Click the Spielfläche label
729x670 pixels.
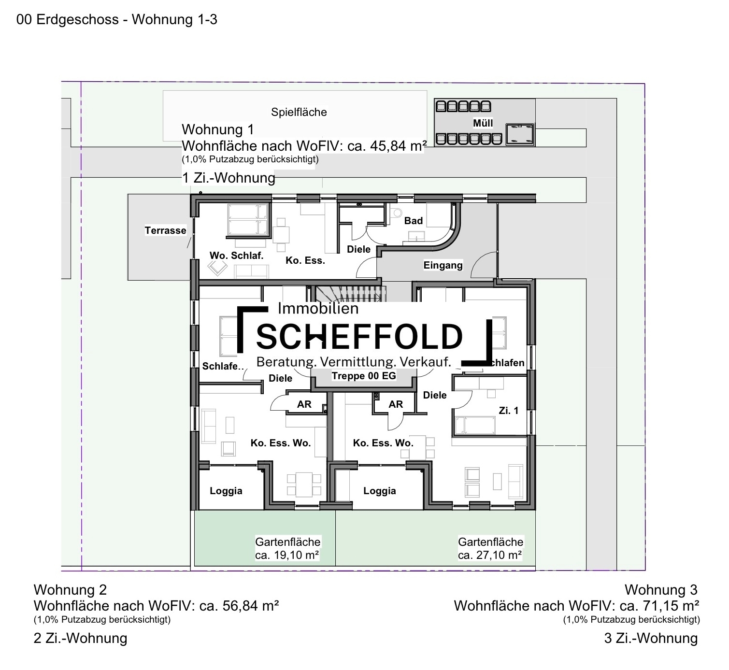[299, 112]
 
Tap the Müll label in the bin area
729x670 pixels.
[483, 123]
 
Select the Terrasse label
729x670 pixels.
[165, 230]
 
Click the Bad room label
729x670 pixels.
[413, 221]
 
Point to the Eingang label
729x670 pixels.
[443, 265]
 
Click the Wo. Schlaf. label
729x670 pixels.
[236, 256]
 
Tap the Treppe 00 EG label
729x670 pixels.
[364, 376]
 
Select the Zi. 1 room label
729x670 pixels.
[508, 411]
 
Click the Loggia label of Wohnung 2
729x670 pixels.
[226, 491]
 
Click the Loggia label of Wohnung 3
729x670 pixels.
[379, 491]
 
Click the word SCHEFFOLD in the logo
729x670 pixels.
[359, 337]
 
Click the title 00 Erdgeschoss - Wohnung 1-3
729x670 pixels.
[116, 20]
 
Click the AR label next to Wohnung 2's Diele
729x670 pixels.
[304, 404]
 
